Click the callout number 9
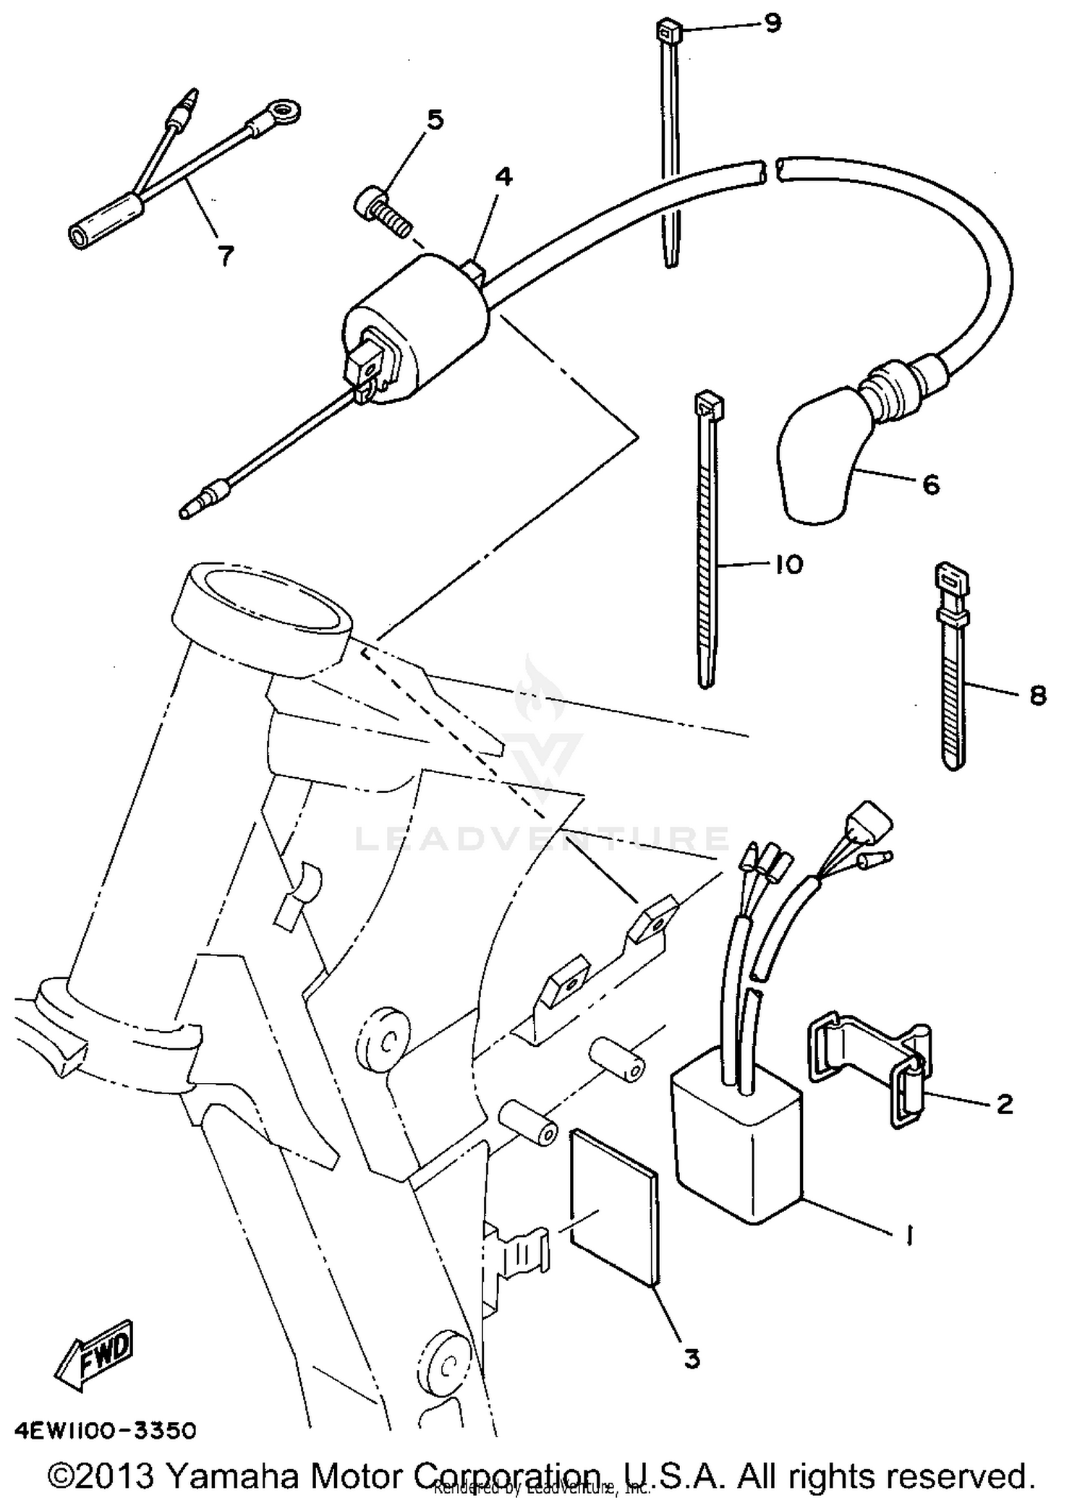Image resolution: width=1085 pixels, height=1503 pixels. point(773,23)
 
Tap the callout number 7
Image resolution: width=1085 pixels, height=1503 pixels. point(226,255)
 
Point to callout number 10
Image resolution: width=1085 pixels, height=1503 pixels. point(788,565)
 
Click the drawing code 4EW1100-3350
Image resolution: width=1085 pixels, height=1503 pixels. point(106,1431)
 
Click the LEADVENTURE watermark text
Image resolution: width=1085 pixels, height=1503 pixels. point(542,839)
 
